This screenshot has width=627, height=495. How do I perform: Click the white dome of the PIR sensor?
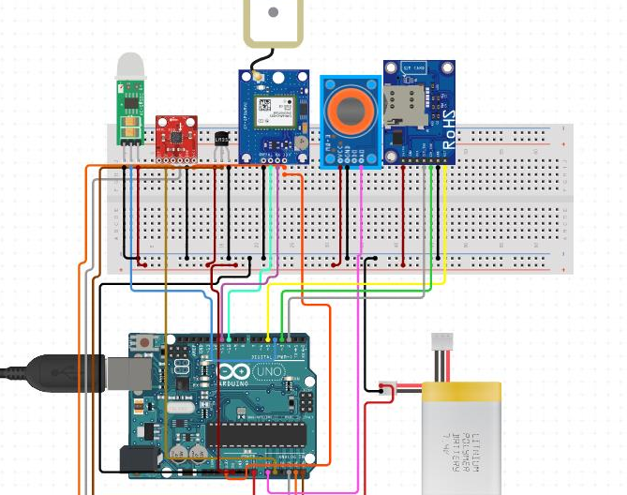click(130, 66)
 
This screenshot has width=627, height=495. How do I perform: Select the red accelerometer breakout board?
click(175, 136)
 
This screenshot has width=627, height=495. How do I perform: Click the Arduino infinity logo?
click(231, 371)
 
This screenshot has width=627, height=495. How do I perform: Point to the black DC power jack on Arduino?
click(140, 458)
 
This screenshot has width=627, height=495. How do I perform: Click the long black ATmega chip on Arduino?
click(257, 434)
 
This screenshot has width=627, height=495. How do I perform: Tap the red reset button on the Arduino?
click(143, 344)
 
